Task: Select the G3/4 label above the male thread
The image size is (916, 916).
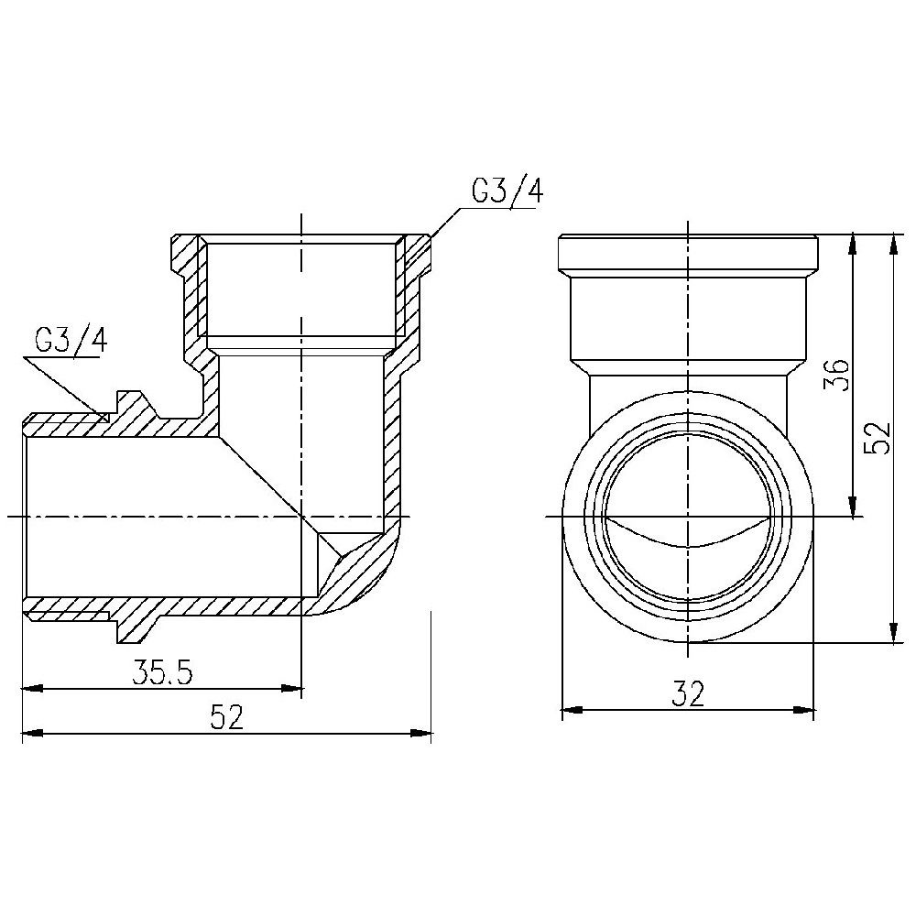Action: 71,341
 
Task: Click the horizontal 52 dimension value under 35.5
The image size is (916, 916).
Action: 226,717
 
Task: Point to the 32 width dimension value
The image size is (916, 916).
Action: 687,694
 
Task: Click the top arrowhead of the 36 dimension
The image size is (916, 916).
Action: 853,244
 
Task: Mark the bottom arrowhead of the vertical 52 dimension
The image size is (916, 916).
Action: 892,633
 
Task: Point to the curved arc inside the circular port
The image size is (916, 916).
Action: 687,540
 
